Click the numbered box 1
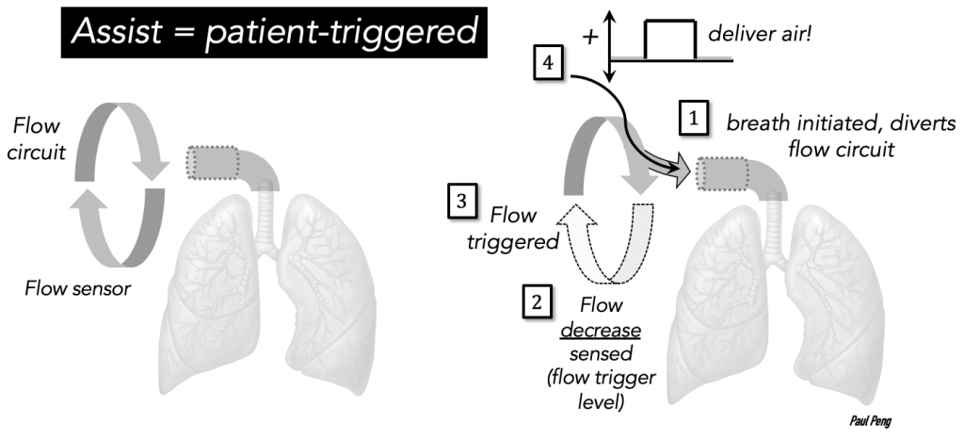pyautogui.click(x=694, y=118)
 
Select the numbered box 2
pyautogui.click(x=538, y=302)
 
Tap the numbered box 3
pyautogui.click(x=462, y=202)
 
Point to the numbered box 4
pyautogui.click(x=548, y=63)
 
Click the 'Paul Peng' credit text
pyautogui.click(x=870, y=421)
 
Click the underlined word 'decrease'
pyautogui.click(x=601, y=331)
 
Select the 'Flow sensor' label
pyautogui.click(x=77, y=288)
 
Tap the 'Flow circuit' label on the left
pyautogui.click(x=37, y=138)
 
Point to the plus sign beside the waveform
pyautogui.click(x=590, y=38)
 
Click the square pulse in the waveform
pyautogui.click(x=670, y=40)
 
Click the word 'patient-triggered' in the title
pyautogui.click(x=341, y=33)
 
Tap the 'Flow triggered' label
pyautogui.click(x=513, y=228)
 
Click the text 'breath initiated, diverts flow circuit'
pyautogui.click(x=841, y=136)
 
